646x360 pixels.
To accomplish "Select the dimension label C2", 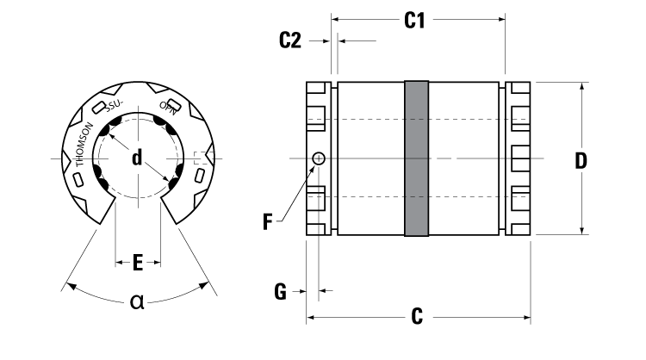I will click(x=291, y=40).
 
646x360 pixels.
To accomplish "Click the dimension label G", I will click(x=279, y=292).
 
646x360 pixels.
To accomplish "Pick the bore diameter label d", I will click(x=137, y=158).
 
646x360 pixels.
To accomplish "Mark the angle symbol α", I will click(x=137, y=301).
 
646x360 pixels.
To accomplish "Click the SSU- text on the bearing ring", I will click(x=115, y=107).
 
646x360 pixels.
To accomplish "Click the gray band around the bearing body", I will click(x=417, y=158).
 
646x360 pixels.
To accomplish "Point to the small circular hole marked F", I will click(x=320, y=158).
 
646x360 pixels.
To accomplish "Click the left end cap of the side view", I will click(x=318, y=158).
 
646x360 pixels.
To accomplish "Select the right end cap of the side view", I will click(x=517, y=158).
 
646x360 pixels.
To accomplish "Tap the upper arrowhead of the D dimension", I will click(x=583, y=86).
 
